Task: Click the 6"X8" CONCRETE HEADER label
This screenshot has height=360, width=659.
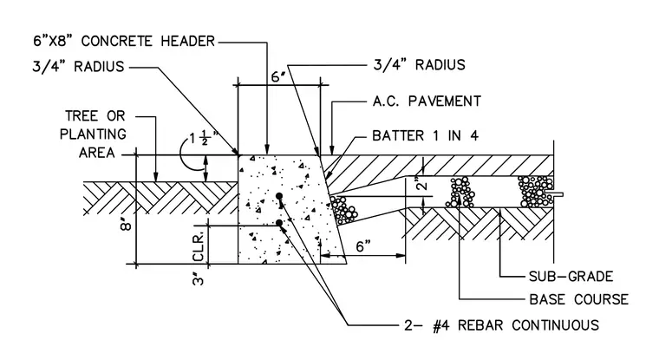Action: pos(124,42)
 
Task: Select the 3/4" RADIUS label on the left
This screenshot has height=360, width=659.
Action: pos(78,67)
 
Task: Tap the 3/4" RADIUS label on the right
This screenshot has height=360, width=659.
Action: pos(420,65)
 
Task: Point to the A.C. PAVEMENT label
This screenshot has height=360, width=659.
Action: pos(427,101)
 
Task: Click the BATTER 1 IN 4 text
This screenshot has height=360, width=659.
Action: pos(426,136)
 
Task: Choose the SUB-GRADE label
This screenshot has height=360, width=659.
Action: pos(571,277)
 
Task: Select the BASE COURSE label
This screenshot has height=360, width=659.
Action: pos(578,299)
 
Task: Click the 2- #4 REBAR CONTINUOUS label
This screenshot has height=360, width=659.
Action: pos(501,325)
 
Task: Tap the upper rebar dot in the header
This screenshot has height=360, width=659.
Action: pos(278,196)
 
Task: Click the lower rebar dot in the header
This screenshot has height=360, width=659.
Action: pos(278,223)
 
